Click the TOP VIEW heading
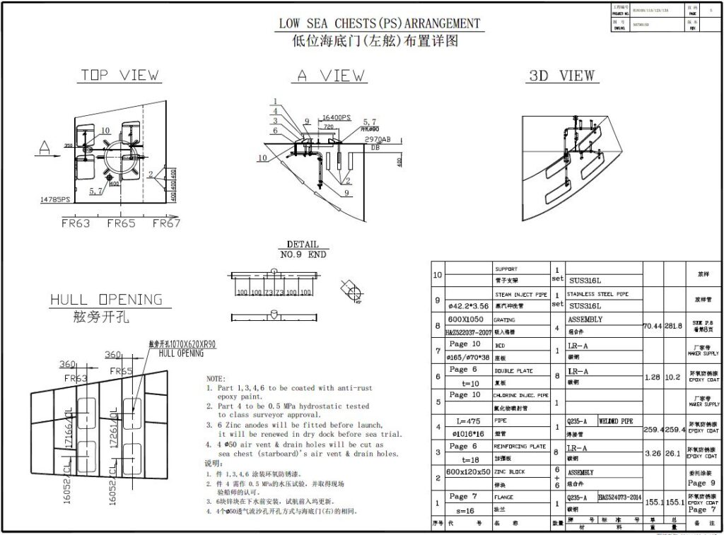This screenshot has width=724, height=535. (119, 75)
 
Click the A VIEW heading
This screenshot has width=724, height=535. (331, 76)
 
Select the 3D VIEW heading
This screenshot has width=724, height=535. (562, 76)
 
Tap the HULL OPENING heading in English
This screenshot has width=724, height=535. (106, 300)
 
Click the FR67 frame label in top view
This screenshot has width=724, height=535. (167, 223)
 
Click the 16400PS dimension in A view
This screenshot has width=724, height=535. (337, 117)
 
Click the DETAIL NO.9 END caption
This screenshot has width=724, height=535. (303, 249)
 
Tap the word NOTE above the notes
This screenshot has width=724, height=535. (216, 379)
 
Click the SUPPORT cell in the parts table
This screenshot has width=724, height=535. (506, 269)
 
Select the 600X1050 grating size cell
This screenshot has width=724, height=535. (463, 319)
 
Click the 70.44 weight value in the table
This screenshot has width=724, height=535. (653, 327)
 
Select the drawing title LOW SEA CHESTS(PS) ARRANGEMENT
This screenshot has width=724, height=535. (379, 23)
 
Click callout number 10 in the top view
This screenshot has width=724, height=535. (105, 130)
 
